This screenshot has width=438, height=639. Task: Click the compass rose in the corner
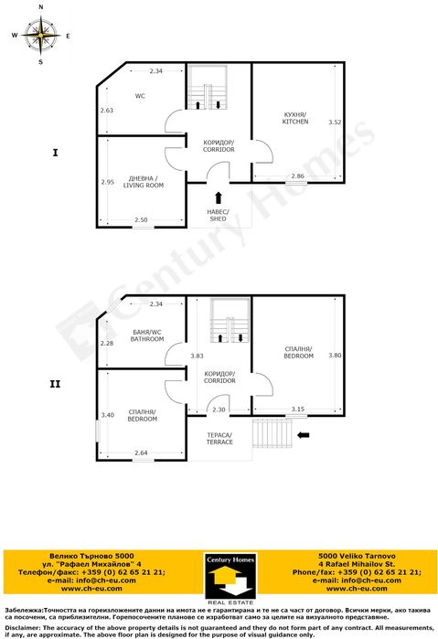[x=40, y=36]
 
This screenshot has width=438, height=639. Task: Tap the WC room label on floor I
[x=141, y=96]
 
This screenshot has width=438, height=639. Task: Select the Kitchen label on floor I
[x=295, y=117]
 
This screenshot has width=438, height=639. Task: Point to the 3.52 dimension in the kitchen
[x=335, y=122]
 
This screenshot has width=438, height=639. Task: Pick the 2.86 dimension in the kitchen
[x=297, y=175]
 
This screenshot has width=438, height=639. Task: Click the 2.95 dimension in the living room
[x=107, y=182]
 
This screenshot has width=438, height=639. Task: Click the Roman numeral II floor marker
[x=56, y=385]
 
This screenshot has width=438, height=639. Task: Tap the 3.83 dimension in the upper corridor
[x=197, y=356]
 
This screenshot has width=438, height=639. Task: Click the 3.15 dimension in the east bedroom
[x=297, y=409]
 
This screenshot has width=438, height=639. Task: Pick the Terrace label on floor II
[x=219, y=438]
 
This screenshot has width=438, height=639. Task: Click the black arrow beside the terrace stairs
[x=304, y=434]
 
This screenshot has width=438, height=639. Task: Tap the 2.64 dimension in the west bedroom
[x=142, y=452]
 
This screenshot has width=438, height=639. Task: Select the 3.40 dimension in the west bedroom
[x=107, y=415]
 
